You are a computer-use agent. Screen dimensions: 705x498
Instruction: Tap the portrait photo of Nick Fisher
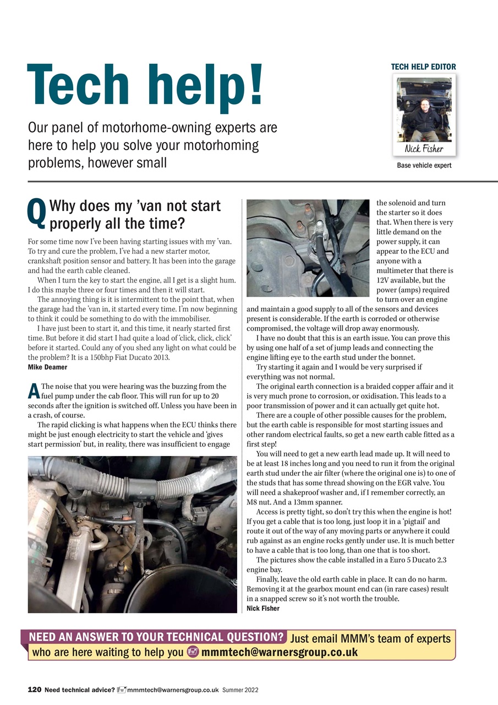coord(424,109)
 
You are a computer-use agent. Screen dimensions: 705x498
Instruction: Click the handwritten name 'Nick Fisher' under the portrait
coord(424,149)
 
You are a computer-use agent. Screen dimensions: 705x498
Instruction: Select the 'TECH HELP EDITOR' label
coord(423,67)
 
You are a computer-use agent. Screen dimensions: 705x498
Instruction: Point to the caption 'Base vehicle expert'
coord(424,165)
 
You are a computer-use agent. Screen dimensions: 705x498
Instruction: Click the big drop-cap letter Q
coord(36,214)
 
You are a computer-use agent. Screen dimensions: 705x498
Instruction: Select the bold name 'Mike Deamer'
coord(47,367)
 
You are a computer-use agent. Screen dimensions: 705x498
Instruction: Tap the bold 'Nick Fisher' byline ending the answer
coord(263,608)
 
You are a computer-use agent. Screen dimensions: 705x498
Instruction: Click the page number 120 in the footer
coord(35,690)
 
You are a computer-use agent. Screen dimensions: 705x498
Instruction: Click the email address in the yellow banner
coord(280,653)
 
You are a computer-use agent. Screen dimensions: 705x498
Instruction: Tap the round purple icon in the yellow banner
coord(193,653)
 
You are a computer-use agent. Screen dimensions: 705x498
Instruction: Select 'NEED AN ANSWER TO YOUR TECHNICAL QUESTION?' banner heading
coord(156,638)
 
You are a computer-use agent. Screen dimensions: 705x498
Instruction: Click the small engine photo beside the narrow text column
coord(308,248)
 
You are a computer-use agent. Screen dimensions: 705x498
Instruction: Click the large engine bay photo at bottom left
coord(132,534)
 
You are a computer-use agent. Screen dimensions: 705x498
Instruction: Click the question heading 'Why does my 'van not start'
coord(135,207)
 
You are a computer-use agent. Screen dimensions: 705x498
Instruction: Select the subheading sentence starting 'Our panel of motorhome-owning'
coord(152,145)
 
